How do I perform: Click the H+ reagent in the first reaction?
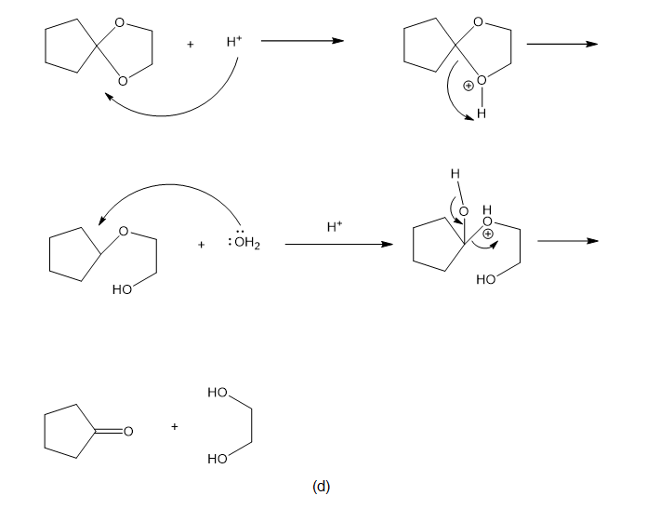(x=234, y=42)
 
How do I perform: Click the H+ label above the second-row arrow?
(x=335, y=227)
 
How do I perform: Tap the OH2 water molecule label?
(x=247, y=243)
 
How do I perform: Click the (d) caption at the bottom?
(x=321, y=487)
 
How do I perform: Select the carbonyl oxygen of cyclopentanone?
(x=128, y=431)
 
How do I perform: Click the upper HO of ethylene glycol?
(x=218, y=393)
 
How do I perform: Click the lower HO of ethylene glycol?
(x=218, y=459)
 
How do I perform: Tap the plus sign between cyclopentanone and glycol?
(x=175, y=426)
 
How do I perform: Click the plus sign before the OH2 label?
(x=201, y=245)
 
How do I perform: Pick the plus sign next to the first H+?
(x=191, y=44)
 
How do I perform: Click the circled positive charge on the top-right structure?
(x=468, y=86)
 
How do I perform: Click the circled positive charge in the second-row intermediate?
(x=487, y=234)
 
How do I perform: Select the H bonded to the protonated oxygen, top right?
(x=482, y=114)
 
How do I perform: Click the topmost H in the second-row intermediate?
(x=455, y=174)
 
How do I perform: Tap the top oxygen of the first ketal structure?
(x=120, y=22)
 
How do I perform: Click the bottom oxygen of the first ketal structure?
(x=123, y=80)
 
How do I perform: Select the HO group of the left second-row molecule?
(x=122, y=289)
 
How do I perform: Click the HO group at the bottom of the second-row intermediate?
(x=486, y=279)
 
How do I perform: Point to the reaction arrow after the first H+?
(x=302, y=41)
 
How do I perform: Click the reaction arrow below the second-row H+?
(x=339, y=244)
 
